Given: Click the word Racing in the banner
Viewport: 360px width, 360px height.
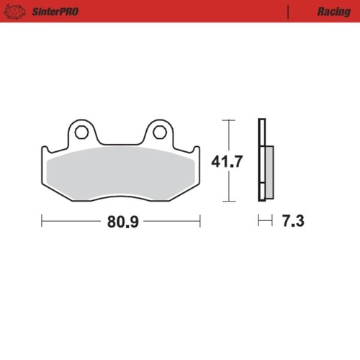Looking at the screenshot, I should coord(333,12).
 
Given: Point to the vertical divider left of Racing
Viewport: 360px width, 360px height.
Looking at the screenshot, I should coord(287,12).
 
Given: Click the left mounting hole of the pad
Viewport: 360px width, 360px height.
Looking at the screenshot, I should coord(81,132).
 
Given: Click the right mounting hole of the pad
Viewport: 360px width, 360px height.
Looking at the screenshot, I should coord(160,132).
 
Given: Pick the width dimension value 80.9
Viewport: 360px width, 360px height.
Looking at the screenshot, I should coord(121,222).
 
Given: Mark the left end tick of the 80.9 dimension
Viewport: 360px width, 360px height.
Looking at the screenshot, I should coord(42,221).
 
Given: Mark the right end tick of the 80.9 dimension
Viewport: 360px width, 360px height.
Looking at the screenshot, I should coord(200,221).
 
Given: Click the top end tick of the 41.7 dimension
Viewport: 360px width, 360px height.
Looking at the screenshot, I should coord(228,120).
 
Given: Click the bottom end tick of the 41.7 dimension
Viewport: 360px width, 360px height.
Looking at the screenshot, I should coord(228,202).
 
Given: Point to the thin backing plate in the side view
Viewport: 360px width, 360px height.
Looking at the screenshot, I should coord(261,160).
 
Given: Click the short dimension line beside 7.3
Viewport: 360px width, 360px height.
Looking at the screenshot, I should coord(265,221).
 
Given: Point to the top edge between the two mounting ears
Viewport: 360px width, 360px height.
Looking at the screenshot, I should coord(121,141).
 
